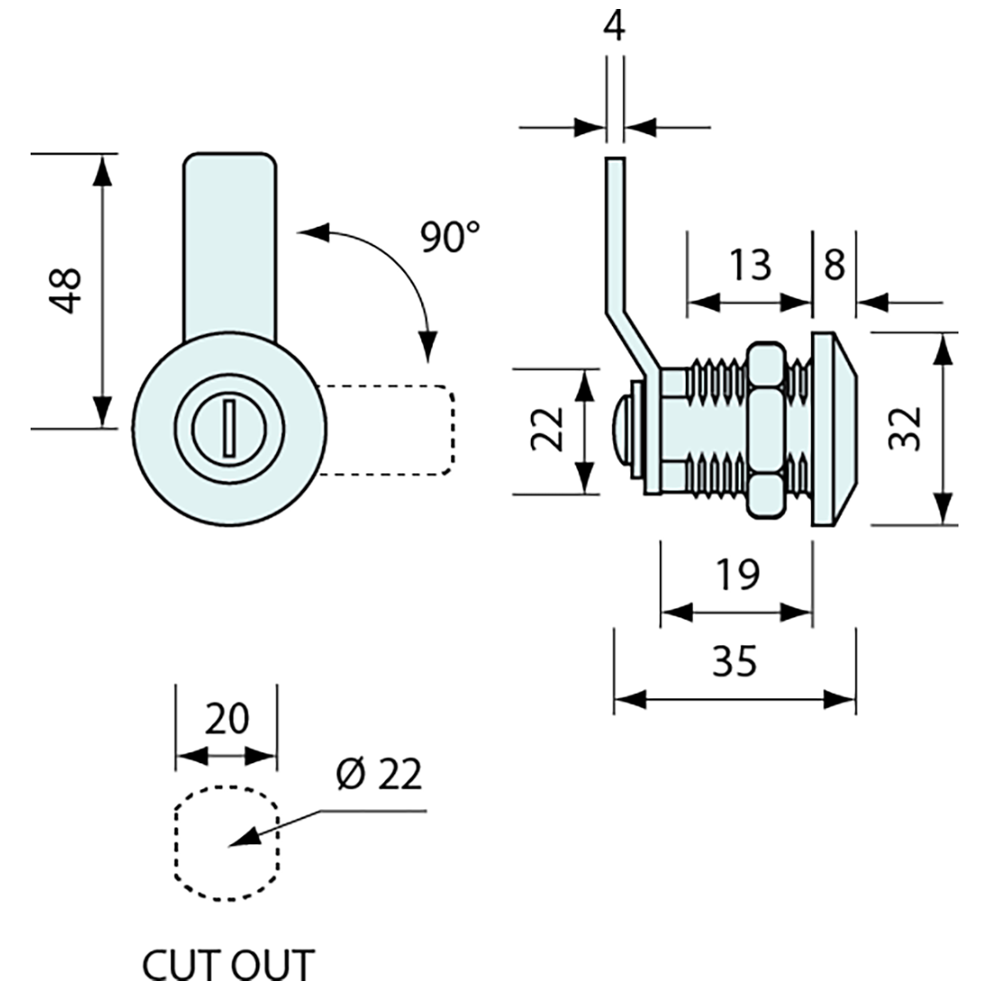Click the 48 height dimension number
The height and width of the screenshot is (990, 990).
point(67,290)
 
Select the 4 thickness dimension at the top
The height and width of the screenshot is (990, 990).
point(614,26)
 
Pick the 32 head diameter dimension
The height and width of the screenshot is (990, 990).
point(904,428)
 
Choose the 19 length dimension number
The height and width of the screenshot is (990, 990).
point(737,574)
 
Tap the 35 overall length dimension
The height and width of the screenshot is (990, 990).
point(734,661)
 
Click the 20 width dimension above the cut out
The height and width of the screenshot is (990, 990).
point(227,718)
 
